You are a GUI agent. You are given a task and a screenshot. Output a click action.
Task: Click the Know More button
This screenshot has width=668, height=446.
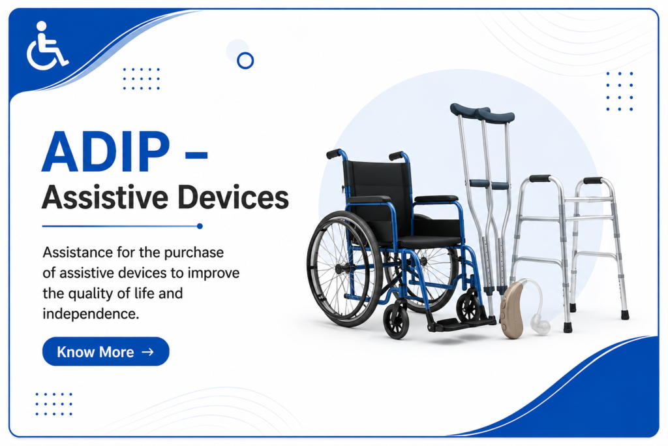point(106,351)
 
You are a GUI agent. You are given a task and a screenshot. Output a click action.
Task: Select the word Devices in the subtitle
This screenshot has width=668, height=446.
point(233,197)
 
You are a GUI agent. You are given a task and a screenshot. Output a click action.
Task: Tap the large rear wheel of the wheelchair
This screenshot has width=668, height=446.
point(344,268)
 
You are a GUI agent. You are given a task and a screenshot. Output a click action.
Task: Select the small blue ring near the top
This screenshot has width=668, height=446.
point(245,61)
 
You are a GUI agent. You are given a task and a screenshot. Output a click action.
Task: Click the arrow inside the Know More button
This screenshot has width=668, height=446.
point(148,352)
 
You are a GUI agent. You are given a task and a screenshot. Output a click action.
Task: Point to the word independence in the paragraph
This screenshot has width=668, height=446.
point(91,314)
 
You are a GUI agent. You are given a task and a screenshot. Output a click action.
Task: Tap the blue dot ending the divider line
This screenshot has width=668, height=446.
point(200,227)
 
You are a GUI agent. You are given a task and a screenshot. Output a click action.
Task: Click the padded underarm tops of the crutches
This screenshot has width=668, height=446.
point(482,112)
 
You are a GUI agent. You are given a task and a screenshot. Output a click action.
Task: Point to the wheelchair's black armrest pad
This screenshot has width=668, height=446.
point(369,199)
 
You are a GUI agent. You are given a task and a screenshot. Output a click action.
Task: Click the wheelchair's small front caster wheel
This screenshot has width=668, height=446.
point(396,319)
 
